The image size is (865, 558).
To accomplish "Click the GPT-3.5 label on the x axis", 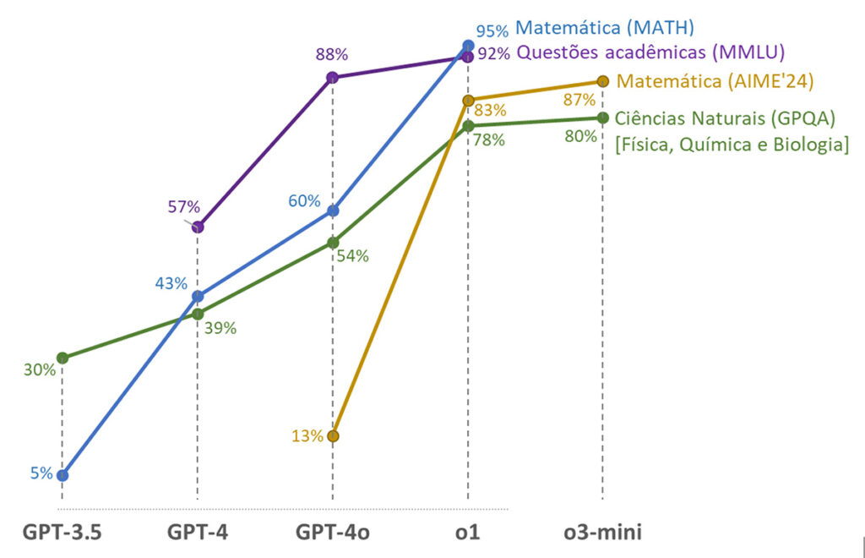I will [62, 533].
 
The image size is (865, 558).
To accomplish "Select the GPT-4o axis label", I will [333, 533].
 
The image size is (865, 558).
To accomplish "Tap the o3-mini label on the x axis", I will [602, 533].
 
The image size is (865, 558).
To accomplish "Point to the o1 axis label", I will [468, 533].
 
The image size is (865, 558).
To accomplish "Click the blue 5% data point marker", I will [62, 475].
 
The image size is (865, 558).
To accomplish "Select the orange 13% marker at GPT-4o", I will [333, 436].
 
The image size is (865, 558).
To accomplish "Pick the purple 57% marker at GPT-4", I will [198, 227].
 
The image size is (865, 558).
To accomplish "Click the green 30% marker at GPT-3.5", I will [62, 358].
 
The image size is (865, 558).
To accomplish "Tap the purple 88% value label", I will [331, 55].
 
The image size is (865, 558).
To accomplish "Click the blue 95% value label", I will [492, 31].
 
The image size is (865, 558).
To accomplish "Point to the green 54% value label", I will [352, 256].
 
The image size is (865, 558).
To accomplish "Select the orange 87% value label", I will [579, 99].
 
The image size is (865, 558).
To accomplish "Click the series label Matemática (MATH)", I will [604, 28].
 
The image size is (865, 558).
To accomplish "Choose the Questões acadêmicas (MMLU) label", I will [650, 52].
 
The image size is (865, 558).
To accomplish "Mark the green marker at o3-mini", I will [602, 118].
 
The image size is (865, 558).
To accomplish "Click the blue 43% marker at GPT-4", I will [198, 297].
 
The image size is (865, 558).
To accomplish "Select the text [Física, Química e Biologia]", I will [732, 144].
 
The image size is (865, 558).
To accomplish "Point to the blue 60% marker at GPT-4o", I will [333, 211].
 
